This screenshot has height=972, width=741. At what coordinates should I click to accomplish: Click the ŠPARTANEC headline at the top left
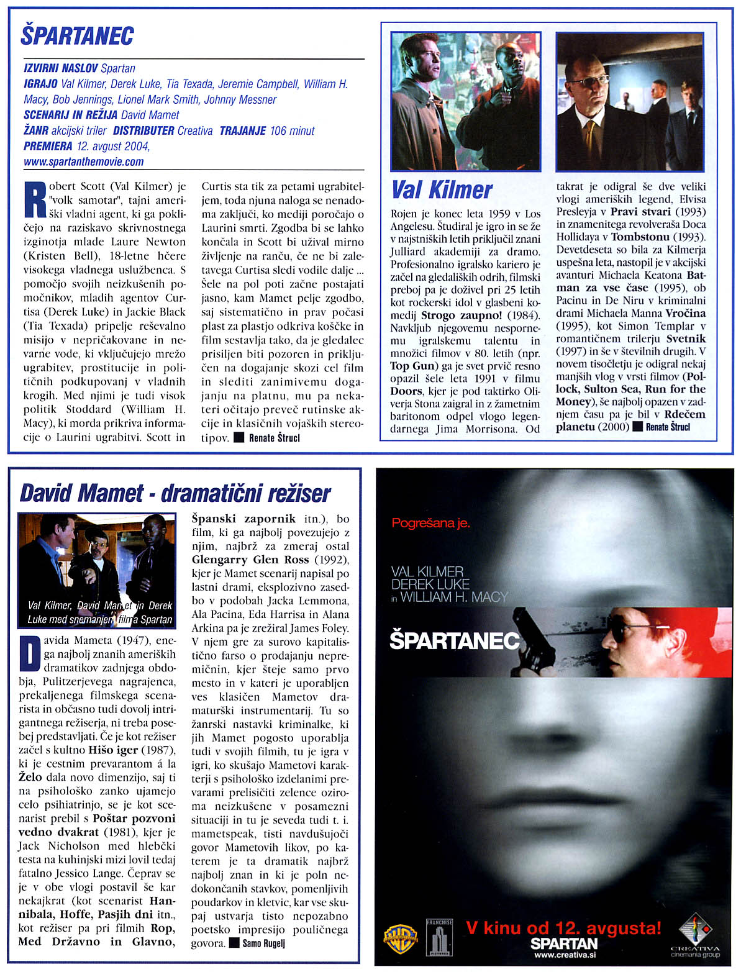point(77,35)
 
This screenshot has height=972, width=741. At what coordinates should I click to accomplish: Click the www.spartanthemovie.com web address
point(83,162)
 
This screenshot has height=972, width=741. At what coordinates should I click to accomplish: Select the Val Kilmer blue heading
point(442,190)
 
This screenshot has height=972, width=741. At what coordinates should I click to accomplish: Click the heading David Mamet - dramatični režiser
point(175,494)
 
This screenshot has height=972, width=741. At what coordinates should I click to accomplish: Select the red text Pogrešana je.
point(430,523)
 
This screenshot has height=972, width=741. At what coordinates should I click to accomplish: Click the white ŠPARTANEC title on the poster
point(454,641)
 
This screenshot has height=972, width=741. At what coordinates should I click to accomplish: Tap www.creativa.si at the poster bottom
point(563,955)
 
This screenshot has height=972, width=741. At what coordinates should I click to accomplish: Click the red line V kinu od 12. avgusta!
point(563,928)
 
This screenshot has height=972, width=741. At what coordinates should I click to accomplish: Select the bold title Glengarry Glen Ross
point(250,560)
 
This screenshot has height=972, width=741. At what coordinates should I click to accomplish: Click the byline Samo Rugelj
point(263,943)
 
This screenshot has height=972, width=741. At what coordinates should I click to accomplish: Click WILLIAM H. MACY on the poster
point(454,597)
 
